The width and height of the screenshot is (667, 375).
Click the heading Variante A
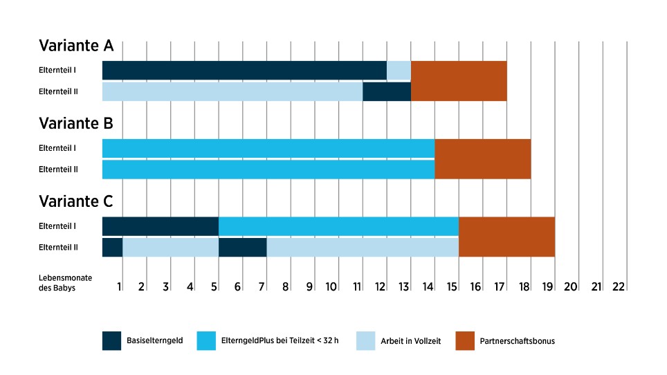click(76, 46)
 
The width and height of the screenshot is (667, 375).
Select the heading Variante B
click(76, 124)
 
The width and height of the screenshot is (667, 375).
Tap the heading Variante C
click(76, 202)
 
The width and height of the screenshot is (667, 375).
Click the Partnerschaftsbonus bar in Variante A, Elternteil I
click(458, 70)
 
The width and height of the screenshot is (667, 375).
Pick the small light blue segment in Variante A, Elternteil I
click(399, 70)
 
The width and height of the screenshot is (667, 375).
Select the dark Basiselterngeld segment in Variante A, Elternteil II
click(386, 91)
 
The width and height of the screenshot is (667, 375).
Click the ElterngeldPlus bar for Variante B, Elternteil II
click(268, 170)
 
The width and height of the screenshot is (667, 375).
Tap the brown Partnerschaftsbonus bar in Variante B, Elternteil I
click(482, 148)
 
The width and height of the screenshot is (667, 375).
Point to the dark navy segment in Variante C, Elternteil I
click(160, 226)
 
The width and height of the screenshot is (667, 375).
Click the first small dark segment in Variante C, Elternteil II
click(112, 247)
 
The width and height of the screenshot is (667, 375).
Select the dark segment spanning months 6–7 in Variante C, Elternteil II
click(242, 247)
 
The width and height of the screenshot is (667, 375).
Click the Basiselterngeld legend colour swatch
click(111, 341)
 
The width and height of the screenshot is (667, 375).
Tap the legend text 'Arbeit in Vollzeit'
click(410, 341)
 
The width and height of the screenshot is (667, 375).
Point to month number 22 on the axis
click(619, 286)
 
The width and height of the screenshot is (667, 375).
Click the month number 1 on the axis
click(119, 286)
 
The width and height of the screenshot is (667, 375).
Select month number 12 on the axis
click(381, 286)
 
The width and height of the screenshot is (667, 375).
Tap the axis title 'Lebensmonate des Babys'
click(57, 282)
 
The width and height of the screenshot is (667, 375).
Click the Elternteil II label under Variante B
click(58, 170)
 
